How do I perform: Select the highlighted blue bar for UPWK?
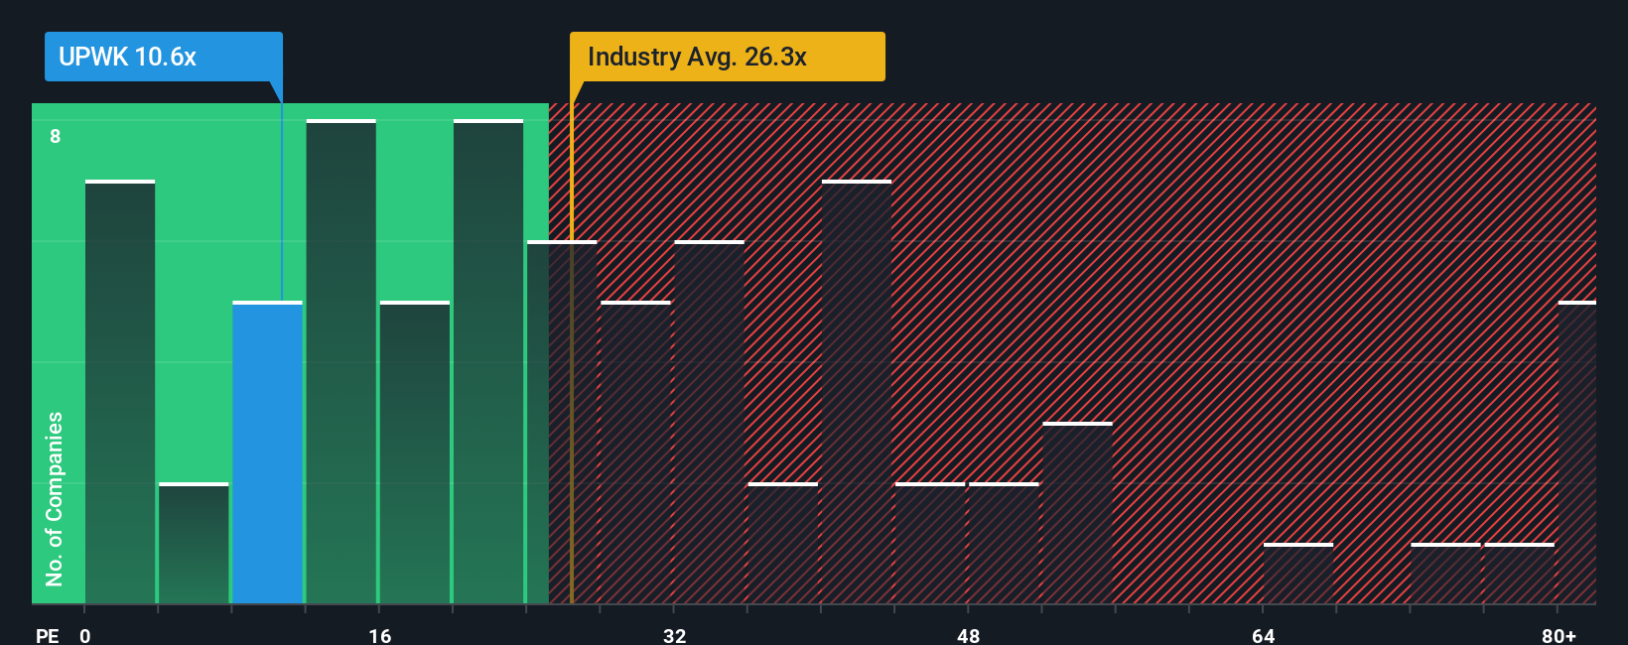(267, 452)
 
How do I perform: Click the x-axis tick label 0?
(85, 635)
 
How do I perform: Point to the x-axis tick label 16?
(380, 635)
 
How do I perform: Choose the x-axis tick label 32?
(674, 635)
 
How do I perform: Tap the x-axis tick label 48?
(968, 635)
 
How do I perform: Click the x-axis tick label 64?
(1263, 635)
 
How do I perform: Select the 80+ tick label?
(1559, 635)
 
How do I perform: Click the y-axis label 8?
(56, 136)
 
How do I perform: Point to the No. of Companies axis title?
(55, 498)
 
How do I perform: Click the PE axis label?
(47, 635)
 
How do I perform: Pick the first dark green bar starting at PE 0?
(120, 392)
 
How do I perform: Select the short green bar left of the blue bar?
(194, 544)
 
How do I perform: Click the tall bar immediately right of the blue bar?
(340, 362)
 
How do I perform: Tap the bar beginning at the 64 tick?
(1297, 574)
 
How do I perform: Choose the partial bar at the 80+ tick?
(1576, 452)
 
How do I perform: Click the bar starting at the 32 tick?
(709, 423)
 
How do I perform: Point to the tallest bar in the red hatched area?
(856, 392)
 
